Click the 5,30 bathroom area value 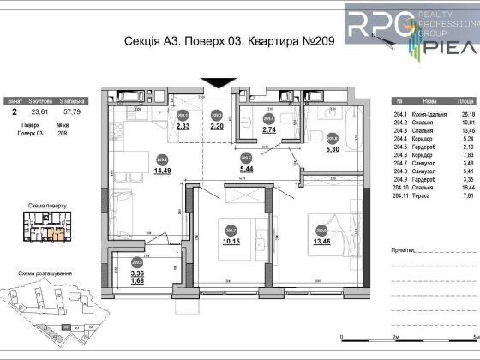(333, 147)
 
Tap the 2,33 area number (183, 125)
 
